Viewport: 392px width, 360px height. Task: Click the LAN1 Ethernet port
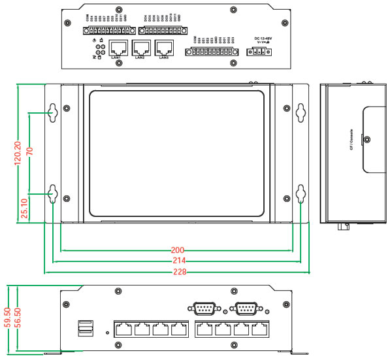point(118,47)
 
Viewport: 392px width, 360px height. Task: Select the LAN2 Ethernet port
point(140,47)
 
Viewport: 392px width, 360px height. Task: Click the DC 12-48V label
point(262,39)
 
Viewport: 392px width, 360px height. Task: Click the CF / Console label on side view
point(352,140)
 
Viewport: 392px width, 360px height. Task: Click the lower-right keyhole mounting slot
point(301,193)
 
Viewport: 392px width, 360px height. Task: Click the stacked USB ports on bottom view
point(85,329)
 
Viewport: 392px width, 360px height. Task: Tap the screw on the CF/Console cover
point(367,140)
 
